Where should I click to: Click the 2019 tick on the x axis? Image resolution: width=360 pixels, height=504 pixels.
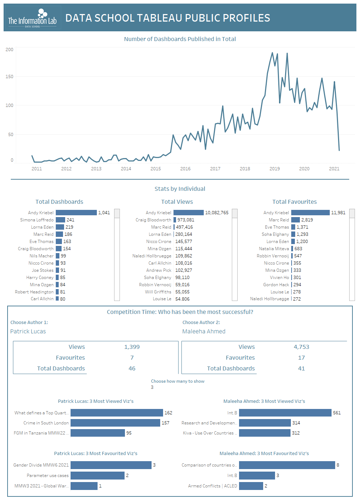(275, 168)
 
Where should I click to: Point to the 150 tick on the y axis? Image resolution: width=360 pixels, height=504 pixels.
(9, 77)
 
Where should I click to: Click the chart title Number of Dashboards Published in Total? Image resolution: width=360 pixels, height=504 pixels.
(180, 39)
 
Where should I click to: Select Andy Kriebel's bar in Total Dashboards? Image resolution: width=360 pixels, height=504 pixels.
(76, 213)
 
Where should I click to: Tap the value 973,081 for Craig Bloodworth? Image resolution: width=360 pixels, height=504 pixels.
(186, 220)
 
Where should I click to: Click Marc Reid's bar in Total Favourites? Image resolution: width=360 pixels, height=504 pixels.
(295, 220)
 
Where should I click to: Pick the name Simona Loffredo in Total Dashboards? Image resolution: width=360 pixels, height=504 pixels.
(37, 220)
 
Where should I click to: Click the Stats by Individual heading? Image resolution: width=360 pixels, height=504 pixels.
(180, 189)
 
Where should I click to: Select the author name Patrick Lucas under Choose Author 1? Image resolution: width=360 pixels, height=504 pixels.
(28, 332)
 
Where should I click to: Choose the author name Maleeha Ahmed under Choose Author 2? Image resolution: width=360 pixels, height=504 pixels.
(204, 332)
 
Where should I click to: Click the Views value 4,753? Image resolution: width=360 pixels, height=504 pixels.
(301, 347)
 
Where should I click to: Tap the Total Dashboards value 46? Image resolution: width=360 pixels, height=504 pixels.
(132, 369)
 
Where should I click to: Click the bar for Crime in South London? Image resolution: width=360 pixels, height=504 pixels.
(115, 423)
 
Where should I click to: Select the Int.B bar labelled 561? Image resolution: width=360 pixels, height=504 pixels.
(285, 413)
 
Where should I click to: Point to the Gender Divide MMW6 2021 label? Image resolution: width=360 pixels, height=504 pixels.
(41, 465)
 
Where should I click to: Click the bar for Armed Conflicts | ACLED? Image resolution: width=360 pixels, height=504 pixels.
(251, 486)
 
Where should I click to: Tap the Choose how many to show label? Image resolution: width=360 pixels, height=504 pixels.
(177, 381)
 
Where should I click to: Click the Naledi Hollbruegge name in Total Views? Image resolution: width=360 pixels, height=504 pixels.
(152, 256)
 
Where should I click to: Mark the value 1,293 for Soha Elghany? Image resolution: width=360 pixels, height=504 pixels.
(302, 234)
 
